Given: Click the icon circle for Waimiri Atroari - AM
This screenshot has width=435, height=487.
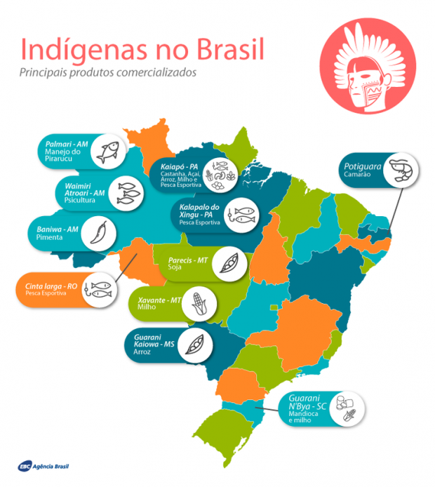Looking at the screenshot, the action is (x=128, y=191).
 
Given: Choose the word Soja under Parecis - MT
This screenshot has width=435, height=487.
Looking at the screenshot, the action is (x=175, y=267).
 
